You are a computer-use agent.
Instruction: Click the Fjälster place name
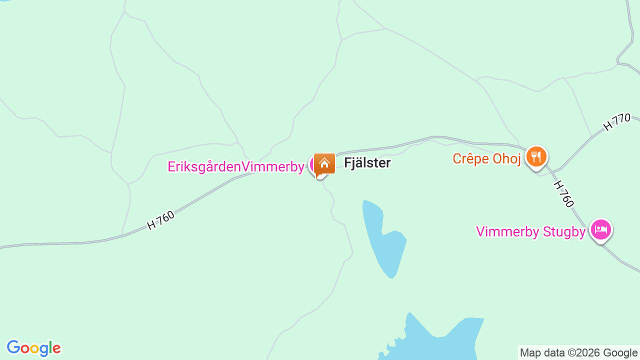pos(367,163)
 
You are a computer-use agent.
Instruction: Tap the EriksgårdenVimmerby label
pos(236,167)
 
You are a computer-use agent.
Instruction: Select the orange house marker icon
pos(324,164)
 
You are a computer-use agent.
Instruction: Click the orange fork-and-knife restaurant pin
pos(536,156)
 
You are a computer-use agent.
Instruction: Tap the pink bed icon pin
pos(600,229)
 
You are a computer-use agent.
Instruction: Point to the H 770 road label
pos(616,122)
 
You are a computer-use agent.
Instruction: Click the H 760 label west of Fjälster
pos(161,220)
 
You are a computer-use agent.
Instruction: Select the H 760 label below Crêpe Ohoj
pos(563,193)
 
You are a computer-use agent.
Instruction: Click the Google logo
pos(33,348)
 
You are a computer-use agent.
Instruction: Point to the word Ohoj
pos(508,159)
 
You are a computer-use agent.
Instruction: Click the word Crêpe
pos(470,159)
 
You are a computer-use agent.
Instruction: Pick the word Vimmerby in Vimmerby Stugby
pos(507,232)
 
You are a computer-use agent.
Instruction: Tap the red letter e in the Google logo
pos(56,349)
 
